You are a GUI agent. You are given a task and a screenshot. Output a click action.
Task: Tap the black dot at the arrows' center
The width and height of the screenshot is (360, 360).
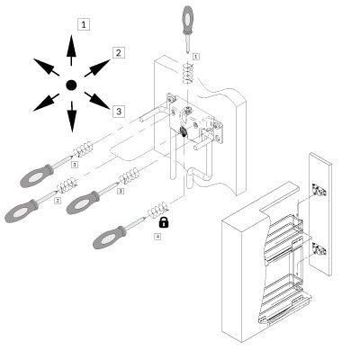coord(71,85)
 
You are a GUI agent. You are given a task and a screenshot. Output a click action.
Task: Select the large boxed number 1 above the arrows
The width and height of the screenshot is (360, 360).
coord(84,24)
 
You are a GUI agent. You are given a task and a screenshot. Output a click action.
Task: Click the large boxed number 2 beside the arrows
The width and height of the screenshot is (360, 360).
coord(119,53)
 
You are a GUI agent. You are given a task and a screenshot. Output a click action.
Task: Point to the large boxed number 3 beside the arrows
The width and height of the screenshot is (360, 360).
coord(119,112)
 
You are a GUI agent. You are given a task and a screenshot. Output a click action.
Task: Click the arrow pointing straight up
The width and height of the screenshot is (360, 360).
coord(71,50)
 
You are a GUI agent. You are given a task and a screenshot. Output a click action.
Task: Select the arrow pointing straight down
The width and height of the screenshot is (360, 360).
coord(72,116)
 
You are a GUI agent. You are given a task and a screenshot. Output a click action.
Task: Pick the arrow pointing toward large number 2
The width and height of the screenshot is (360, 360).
coord(97,68)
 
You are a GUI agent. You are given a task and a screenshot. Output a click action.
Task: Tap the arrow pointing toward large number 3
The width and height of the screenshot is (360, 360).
coord(97,101)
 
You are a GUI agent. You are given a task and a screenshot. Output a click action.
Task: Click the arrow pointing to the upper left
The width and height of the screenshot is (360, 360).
coord(46,67)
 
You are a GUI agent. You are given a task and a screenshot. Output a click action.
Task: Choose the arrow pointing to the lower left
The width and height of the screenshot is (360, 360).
coord(46,103)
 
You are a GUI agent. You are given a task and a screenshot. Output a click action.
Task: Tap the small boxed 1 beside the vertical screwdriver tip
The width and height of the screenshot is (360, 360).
coord(196,56)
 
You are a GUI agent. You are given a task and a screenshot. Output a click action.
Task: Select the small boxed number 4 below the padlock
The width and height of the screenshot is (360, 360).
coord(157,237)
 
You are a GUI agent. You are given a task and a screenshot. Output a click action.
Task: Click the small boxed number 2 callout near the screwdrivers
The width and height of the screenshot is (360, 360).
coord(58,200)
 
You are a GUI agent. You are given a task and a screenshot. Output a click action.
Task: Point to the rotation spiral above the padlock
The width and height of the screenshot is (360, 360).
coord(157,209)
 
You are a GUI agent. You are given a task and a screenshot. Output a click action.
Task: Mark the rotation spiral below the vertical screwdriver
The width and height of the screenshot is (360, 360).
coord(187,74)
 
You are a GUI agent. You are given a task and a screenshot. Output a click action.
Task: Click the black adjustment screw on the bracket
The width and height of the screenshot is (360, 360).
coord(183,130)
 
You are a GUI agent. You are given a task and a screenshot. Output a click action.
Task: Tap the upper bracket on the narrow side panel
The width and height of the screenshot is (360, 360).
coord(319,190)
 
